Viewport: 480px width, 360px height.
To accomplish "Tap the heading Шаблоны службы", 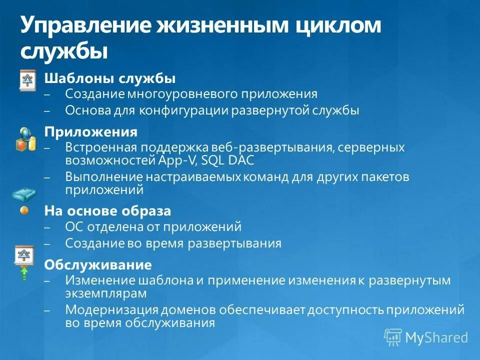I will [x=110, y=78].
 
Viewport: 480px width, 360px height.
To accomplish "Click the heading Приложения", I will [x=91, y=132].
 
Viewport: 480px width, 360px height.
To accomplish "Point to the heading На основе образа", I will [x=107, y=211].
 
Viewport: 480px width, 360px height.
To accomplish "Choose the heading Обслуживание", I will [x=98, y=264].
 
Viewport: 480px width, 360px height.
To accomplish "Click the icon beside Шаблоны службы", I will [x=27, y=80].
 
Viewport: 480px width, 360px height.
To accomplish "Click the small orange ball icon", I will [x=24, y=210].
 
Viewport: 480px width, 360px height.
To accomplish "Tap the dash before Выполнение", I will [x=47, y=177].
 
